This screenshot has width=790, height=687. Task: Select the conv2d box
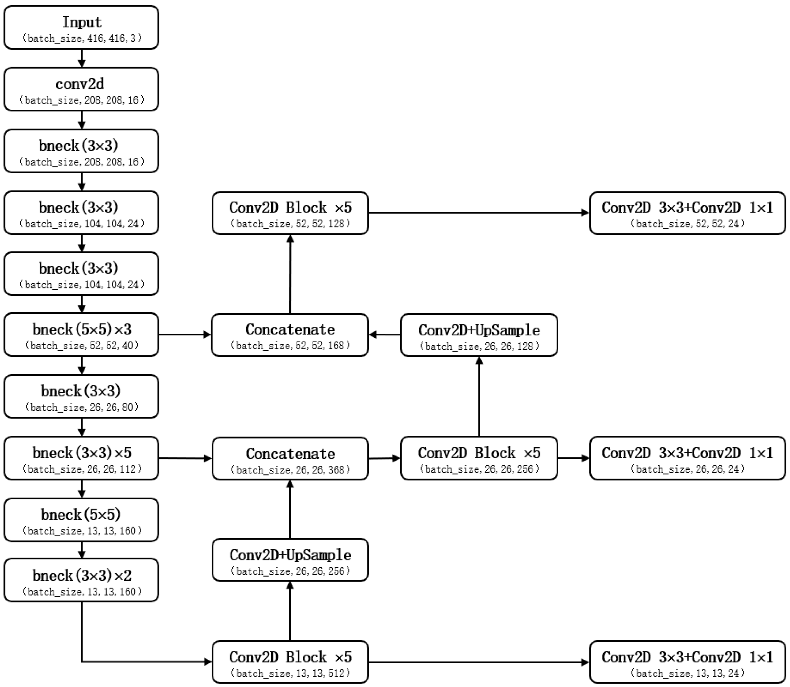(x=81, y=89)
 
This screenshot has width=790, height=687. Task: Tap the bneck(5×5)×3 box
(x=81, y=335)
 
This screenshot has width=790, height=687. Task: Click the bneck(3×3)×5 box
(x=81, y=458)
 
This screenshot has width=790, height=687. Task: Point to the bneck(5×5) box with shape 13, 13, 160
(x=81, y=520)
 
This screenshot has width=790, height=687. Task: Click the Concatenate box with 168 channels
(x=290, y=335)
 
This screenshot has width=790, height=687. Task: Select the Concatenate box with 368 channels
(x=290, y=459)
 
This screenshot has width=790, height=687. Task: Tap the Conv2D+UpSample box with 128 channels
(x=479, y=335)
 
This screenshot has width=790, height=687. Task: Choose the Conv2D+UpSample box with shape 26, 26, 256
(x=290, y=560)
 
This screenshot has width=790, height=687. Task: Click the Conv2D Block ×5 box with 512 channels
(x=290, y=662)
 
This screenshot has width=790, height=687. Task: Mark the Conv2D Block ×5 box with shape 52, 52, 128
(x=290, y=213)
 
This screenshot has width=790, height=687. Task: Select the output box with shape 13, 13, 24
(x=687, y=662)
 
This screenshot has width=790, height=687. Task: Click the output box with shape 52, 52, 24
(x=687, y=213)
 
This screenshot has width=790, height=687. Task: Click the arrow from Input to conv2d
(x=82, y=58)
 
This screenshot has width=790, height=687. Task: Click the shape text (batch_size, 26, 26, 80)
(x=81, y=407)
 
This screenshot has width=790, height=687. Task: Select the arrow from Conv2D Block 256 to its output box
(x=573, y=458)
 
